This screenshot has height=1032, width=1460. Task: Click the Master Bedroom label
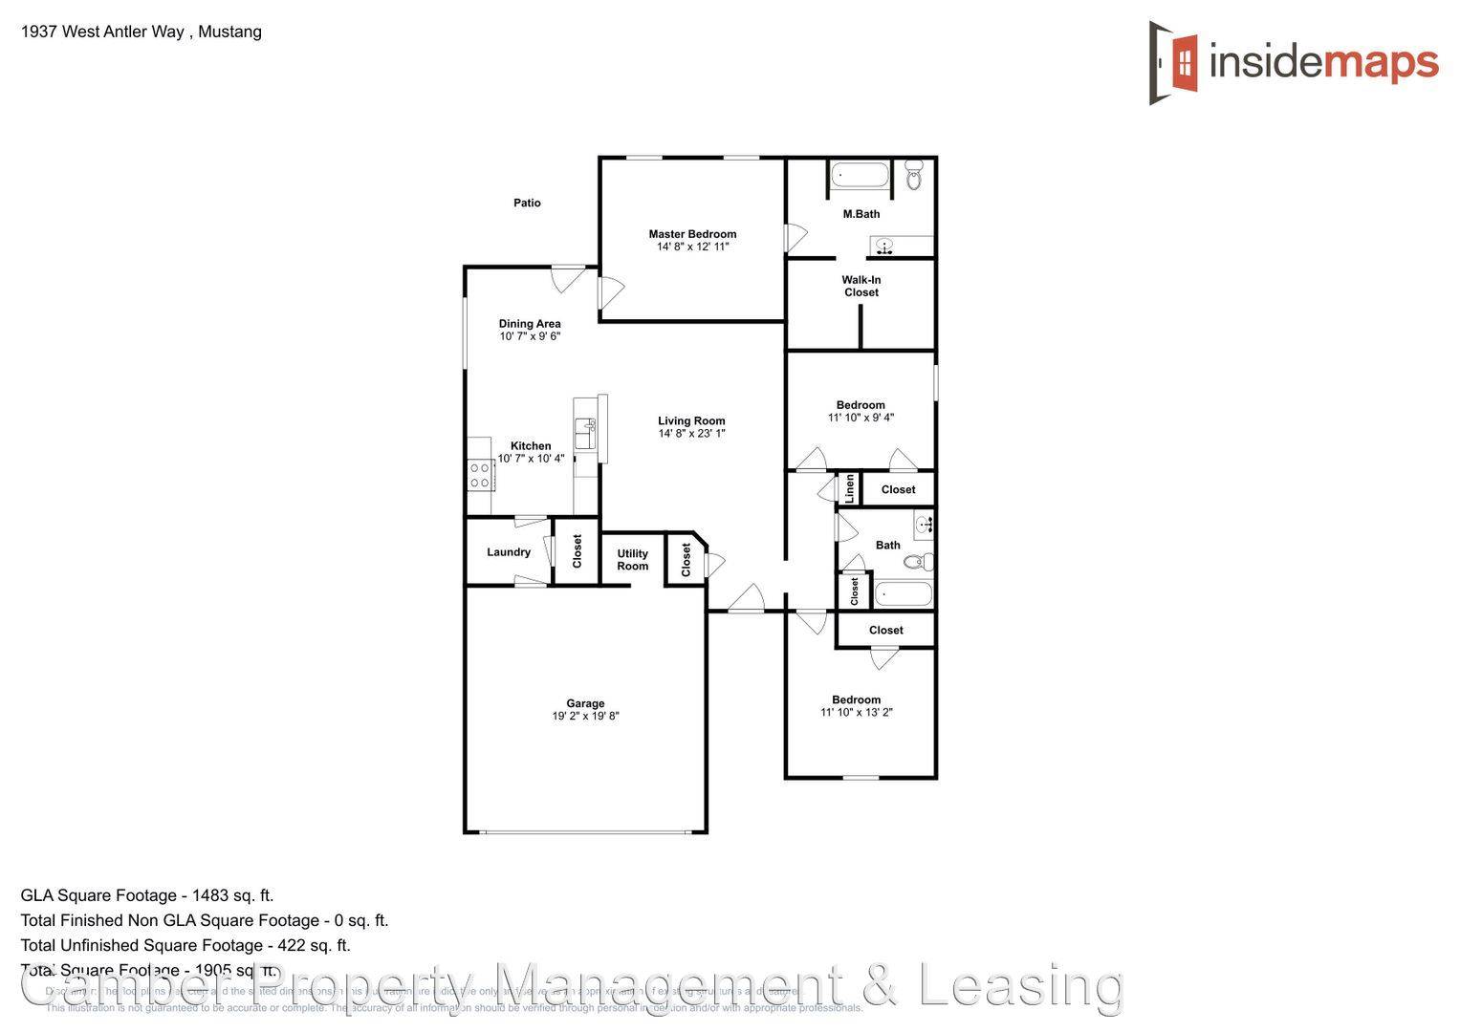[x=692, y=234]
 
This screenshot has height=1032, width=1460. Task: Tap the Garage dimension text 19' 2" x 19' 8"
[x=585, y=717]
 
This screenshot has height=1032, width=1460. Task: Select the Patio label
[x=527, y=203]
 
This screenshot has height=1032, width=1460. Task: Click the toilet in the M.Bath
[x=913, y=175]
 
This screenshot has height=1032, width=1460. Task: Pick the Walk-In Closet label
[x=861, y=287]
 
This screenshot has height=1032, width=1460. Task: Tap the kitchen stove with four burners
[x=480, y=475]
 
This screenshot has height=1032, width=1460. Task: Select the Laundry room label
[x=509, y=552]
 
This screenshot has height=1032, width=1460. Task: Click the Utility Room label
[x=632, y=560]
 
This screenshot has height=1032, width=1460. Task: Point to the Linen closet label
[x=849, y=488]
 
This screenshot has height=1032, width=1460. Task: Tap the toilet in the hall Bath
[x=919, y=561]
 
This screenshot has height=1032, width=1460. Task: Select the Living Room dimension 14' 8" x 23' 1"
[x=691, y=434]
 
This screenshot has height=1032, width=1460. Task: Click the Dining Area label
[x=530, y=324]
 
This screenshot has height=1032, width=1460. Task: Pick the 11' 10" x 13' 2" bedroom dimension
[x=856, y=713]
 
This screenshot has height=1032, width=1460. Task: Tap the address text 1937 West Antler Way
[x=102, y=32]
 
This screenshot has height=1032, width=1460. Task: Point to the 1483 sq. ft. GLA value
[x=232, y=895]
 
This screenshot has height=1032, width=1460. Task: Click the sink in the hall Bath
[x=924, y=525]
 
